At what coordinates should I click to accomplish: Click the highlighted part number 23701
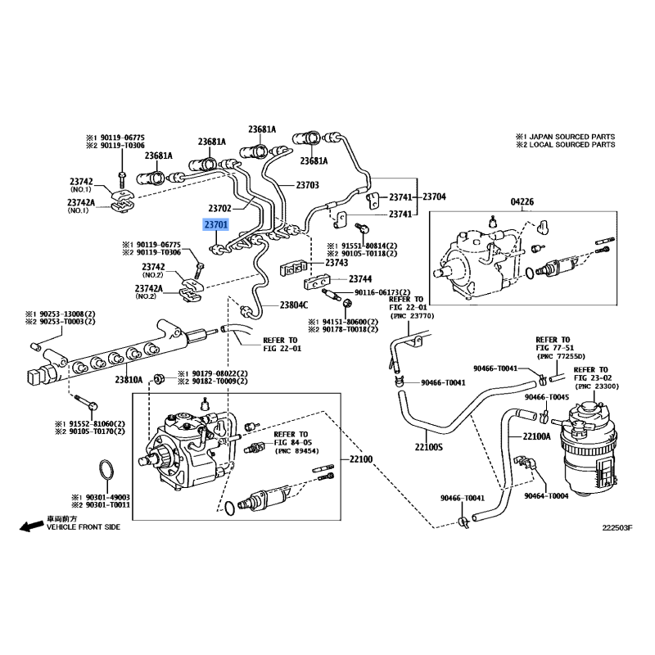(x=216, y=224)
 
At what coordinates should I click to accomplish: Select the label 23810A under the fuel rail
(x=129, y=380)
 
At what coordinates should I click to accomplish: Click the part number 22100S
(x=428, y=448)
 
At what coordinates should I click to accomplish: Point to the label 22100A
(x=537, y=436)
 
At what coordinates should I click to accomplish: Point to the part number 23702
(x=221, y=208)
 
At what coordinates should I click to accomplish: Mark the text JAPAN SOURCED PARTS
(x=571, y=136)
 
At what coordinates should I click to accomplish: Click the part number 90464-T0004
(x=546, y=496)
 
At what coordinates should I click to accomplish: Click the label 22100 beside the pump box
(x=361, y=460)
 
